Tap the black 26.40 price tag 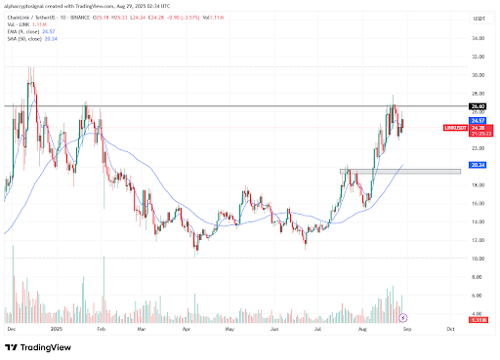click(x=479, y=106)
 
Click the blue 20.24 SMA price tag click(x=479, y=165)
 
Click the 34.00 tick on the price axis click(x=479, y=38)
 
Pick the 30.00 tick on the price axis click(x=479, y=74)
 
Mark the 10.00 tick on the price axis click(x=479, y=259)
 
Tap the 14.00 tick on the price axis click(x=479, y=221)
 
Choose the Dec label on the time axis click(x=13, y=332)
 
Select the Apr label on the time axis click(x=187, y=332)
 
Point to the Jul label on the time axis click(x=319, y=332)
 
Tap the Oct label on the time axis click(x=450, y=332)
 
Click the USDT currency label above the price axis click(x=479, y=20)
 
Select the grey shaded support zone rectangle click(x=399, y=172)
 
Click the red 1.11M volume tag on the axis click(x=479, y=319)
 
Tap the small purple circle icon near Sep click(x=405, y=318)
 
